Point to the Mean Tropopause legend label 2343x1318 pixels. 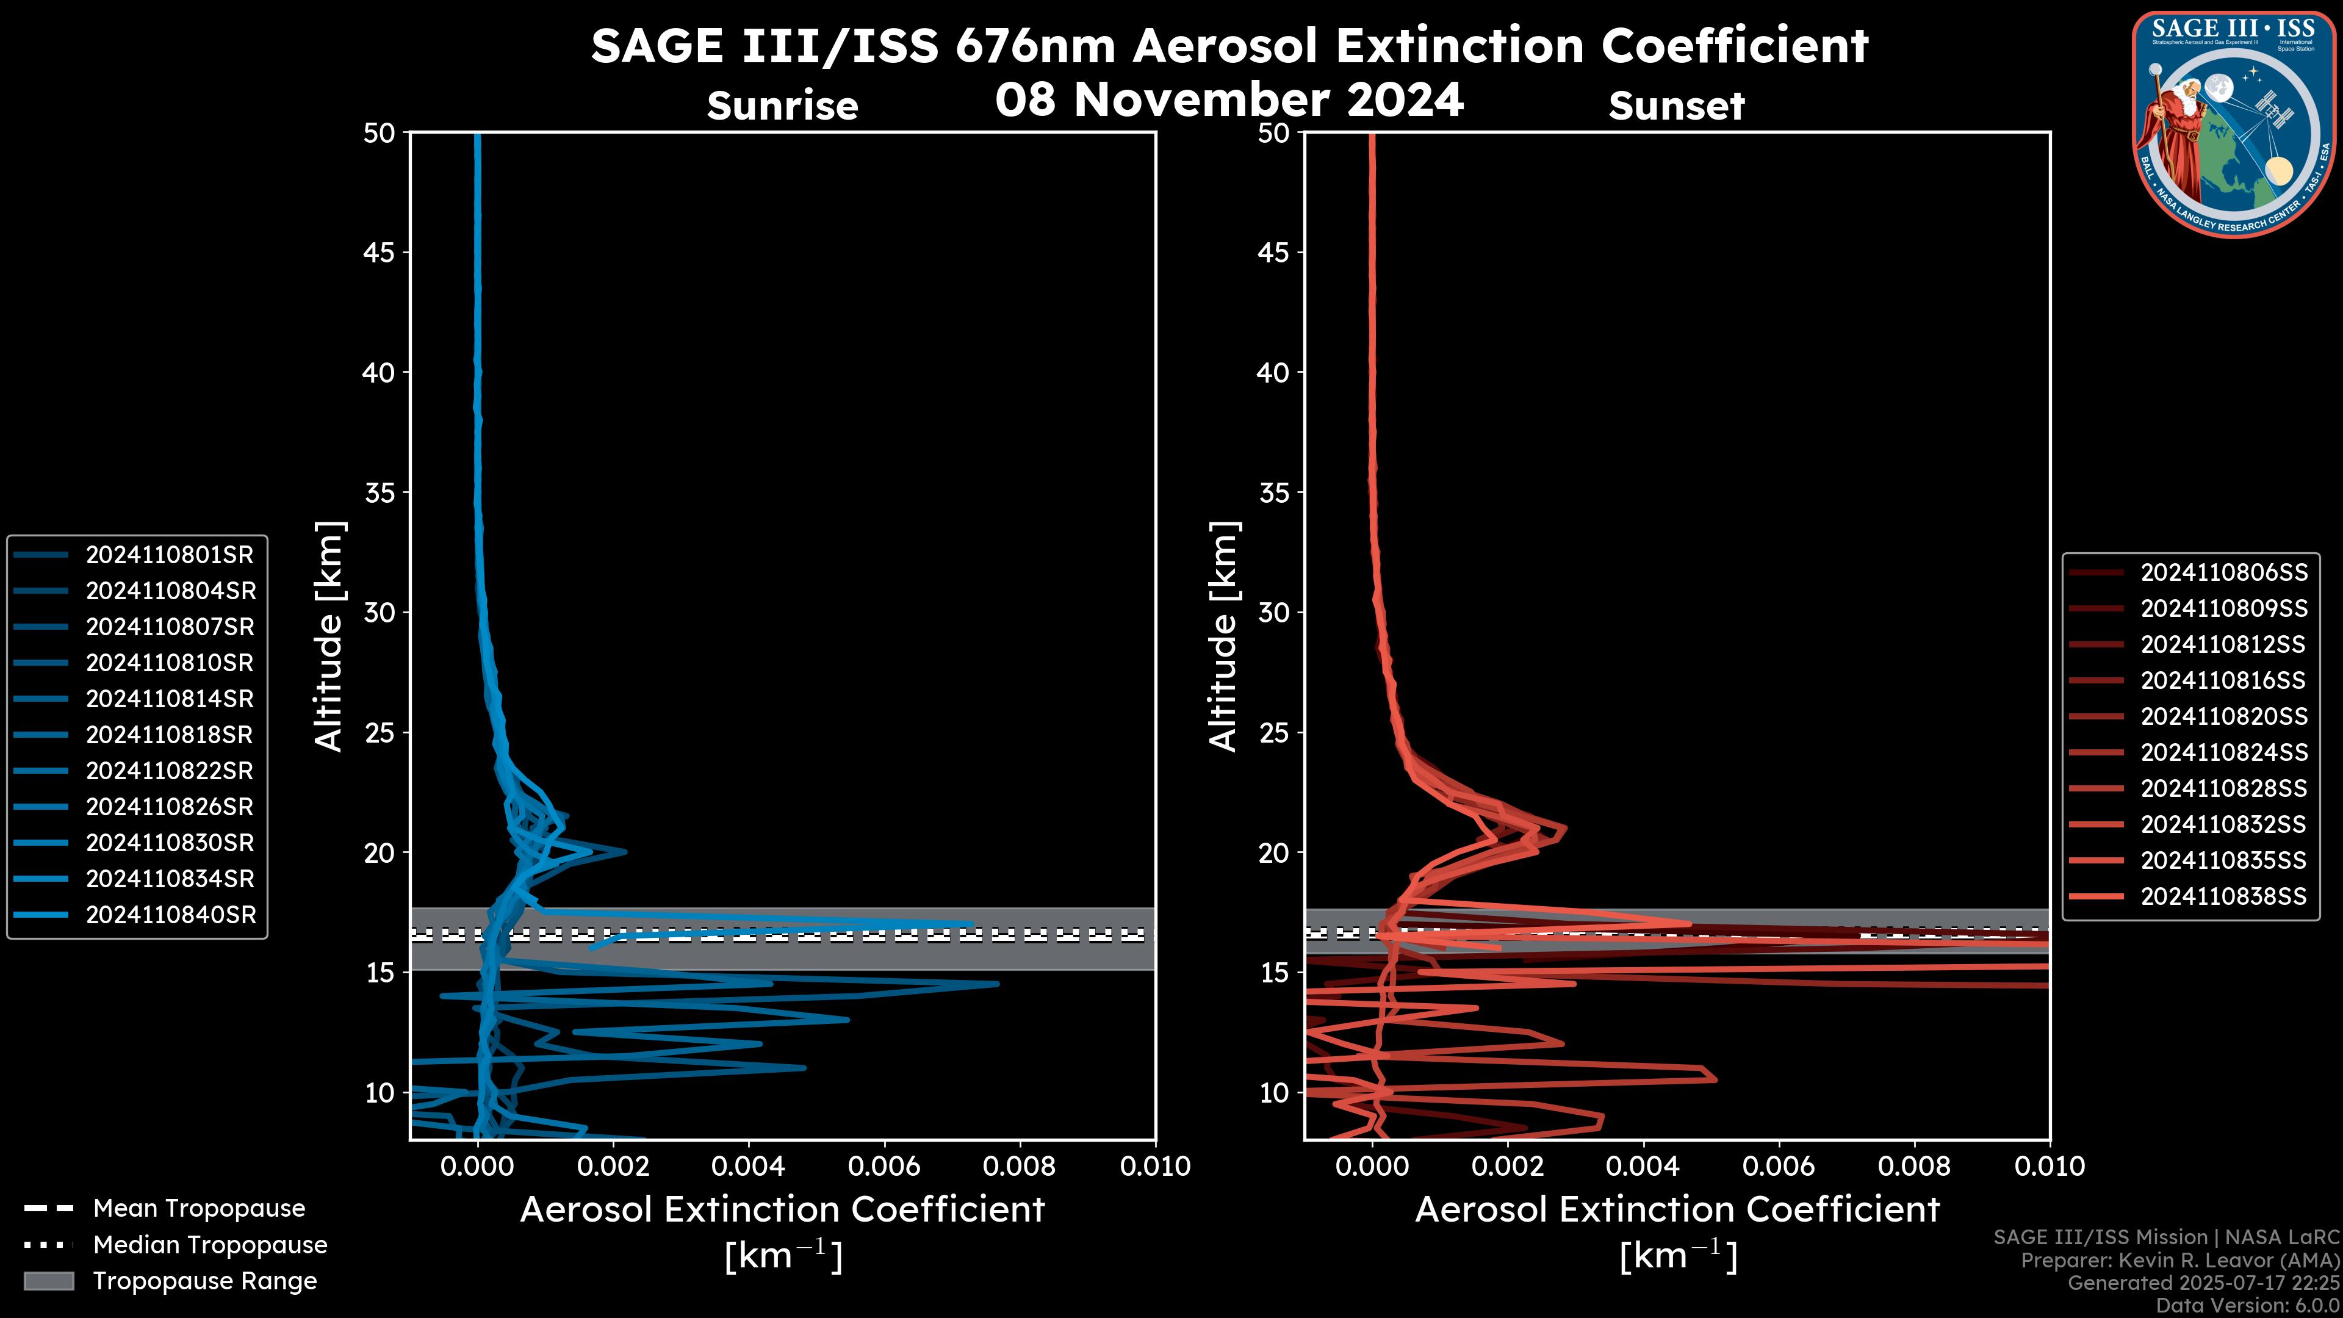point(199,1209)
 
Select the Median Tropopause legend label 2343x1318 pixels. point(210,1245)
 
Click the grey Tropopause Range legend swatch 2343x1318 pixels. point(48,1281)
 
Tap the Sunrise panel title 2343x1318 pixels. point(782,106)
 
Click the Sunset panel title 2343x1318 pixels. point(1676,106)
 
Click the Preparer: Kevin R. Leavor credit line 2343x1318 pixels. point(2179,1261)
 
